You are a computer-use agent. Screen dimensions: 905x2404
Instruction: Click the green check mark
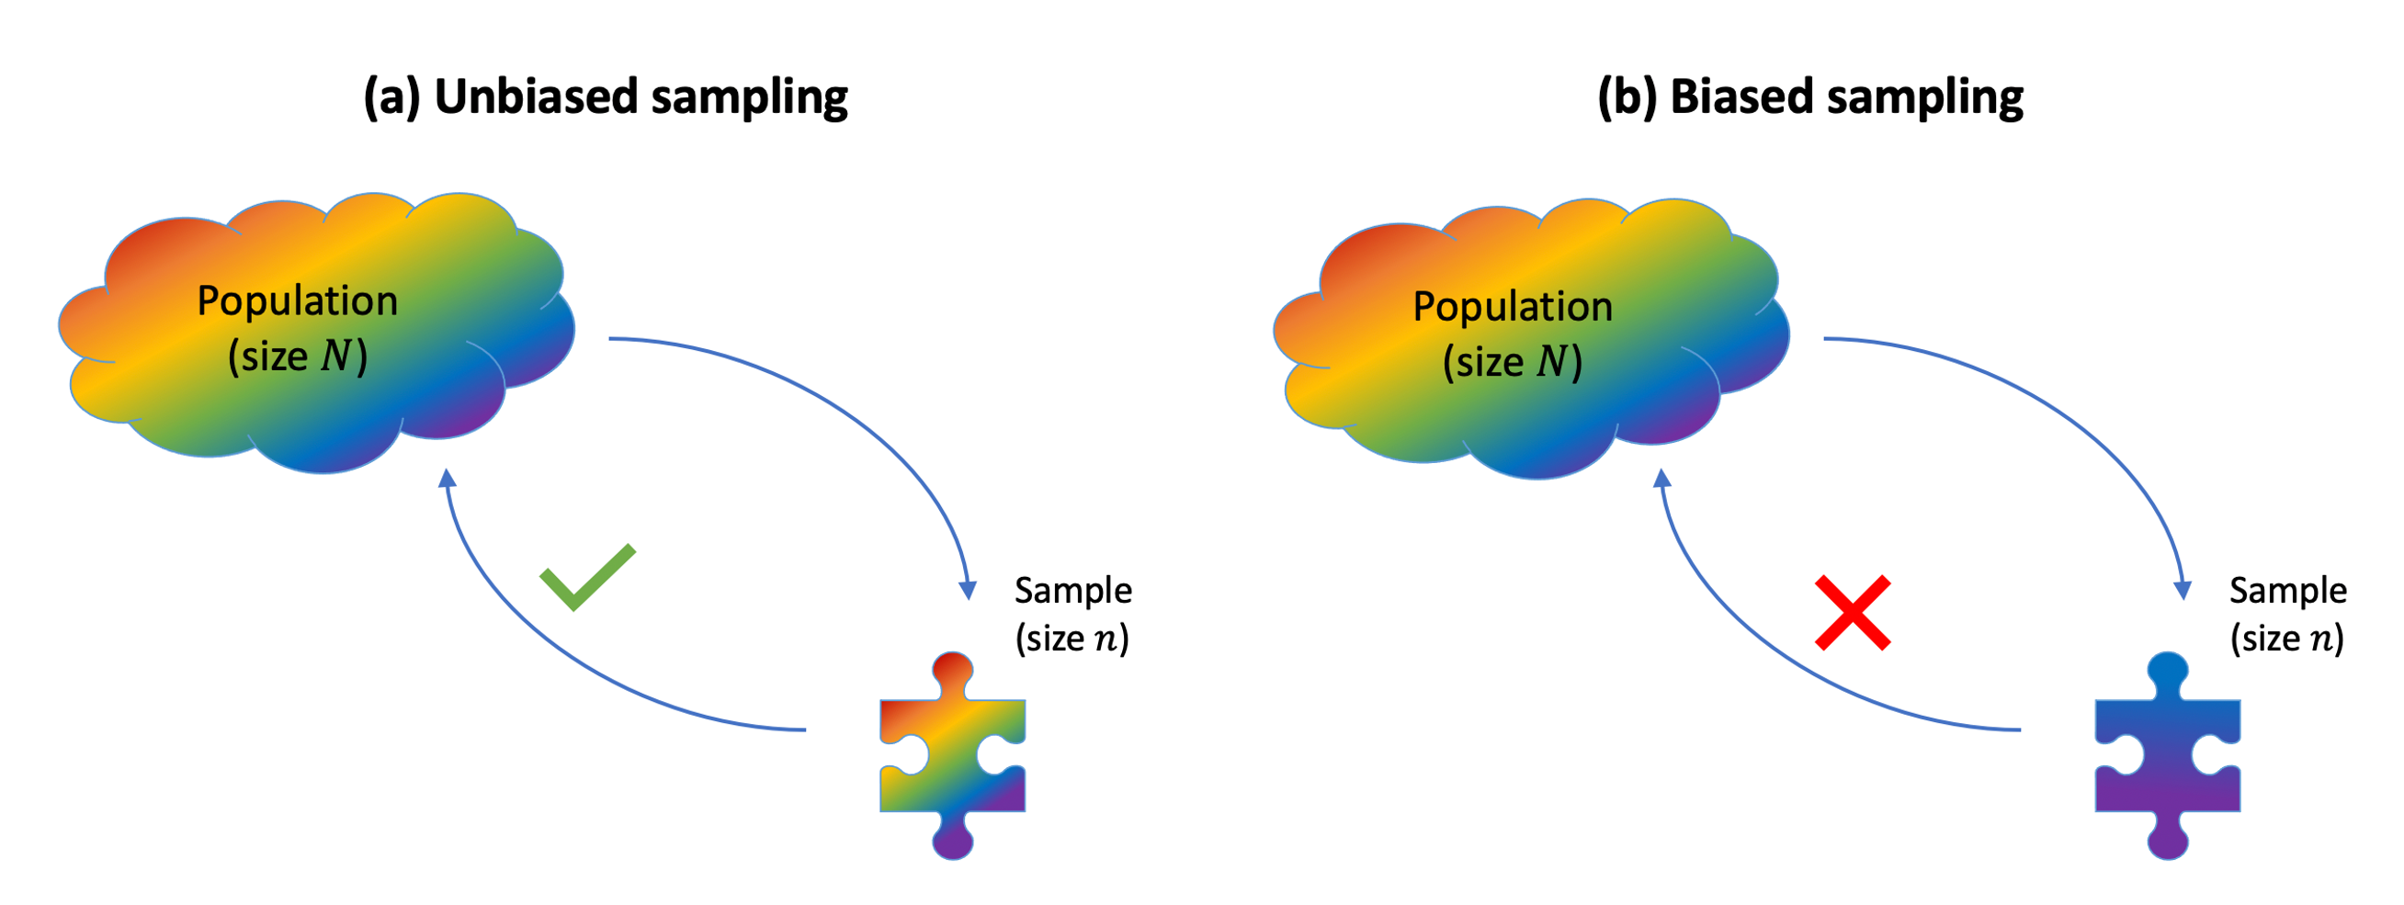click(586, 579)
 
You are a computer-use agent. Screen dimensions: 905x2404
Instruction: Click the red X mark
click(1853, 613)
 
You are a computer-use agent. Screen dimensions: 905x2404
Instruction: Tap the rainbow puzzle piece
click(952, 756)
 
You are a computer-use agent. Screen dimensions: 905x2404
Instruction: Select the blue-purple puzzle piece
click(2167, 756)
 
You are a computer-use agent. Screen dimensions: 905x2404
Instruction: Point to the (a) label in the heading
click(392, 97)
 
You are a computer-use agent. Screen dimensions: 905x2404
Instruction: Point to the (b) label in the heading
click(1627, 97)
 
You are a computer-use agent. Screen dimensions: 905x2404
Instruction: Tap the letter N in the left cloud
click(336, 356)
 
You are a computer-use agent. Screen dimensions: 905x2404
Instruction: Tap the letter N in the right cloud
click(1551, 362)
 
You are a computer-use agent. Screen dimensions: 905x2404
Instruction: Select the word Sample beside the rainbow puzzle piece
click(1073, 592)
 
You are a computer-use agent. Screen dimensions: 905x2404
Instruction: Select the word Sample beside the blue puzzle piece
click(2287, 592)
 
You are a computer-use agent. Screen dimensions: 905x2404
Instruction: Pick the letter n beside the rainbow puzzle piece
click(1105, 640)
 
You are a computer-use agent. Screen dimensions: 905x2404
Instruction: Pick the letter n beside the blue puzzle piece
click(2319, 640)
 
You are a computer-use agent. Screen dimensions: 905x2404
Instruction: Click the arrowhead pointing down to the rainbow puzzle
click(968, 590)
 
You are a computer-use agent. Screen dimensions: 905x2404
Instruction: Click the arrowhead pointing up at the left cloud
click(448, 479)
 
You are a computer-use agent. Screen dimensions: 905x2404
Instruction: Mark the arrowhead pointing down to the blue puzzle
click(2182, 590)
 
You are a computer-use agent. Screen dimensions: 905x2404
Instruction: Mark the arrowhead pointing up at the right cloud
click(1662, 479)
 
